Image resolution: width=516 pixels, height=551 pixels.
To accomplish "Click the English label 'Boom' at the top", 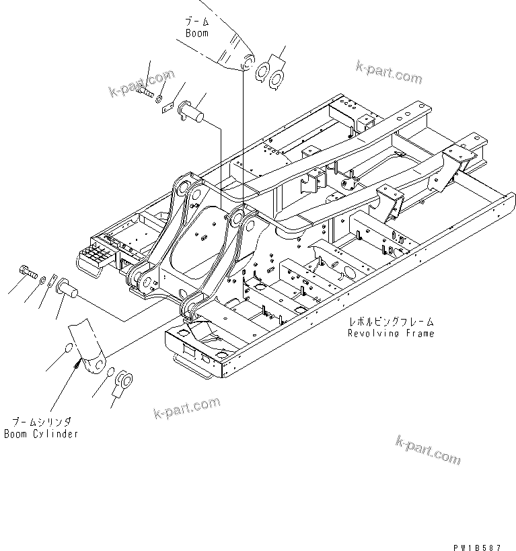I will [196, 33].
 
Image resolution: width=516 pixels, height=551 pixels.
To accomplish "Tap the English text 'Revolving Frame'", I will [390, 333].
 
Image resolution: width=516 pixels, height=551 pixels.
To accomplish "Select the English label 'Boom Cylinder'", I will [40, 434].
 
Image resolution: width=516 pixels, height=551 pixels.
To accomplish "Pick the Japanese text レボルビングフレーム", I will [390, 322].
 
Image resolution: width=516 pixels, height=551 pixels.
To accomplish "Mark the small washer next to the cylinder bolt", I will [44, 279].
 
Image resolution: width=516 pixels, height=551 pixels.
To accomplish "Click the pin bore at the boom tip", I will [247, 63].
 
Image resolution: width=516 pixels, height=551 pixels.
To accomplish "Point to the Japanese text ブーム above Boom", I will [196, 22].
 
